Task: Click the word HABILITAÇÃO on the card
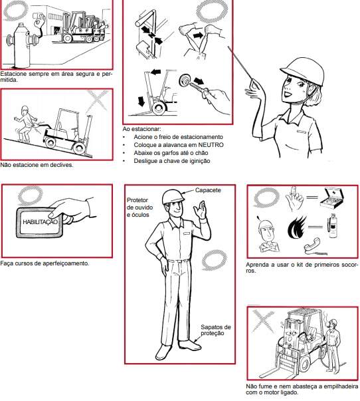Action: tap(40, 221)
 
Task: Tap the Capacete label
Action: tap(208, 190)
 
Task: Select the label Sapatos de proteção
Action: tap(216, 330)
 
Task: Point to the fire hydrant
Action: tap(23, 45)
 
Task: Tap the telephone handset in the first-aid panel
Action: tap(314, 245)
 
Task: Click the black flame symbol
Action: tap(297, 227)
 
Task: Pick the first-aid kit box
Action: tap(331, 198)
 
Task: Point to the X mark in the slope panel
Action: tap(98, 101)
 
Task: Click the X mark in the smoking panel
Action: tap(263, 321)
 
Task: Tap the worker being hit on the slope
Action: tap(25, 124)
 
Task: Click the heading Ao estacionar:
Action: tap(141, 128)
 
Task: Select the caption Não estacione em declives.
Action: tap(37, 165)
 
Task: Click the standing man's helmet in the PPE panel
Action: tap(173, 196)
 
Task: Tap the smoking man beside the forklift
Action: tap(334, 345)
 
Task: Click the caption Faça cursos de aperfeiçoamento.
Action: tap(45, 263)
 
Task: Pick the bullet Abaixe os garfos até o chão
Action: tap(171, 153)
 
